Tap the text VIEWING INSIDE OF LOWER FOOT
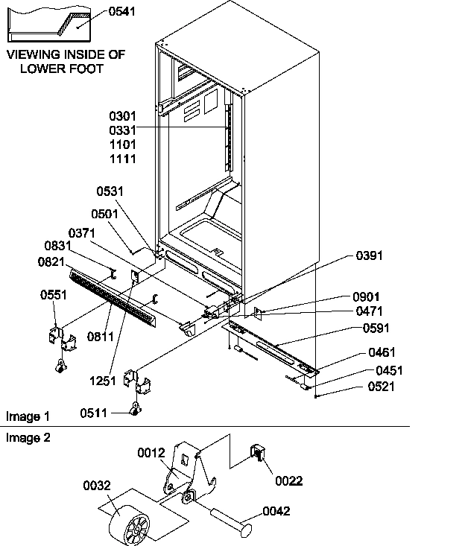(x=66, y=62)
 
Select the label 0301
(x=123, y=116)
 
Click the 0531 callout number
(x=110, y=192)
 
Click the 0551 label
(x=54, y=295)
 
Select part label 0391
(x=368, y=255)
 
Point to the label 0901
(x=367, y=297)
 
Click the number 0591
(x=376, y=328)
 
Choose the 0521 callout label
(x=381, y=387)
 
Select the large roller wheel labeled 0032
(x=130, y=521)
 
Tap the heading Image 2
(x=28, y=438)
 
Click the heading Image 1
(x=28, y=416)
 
